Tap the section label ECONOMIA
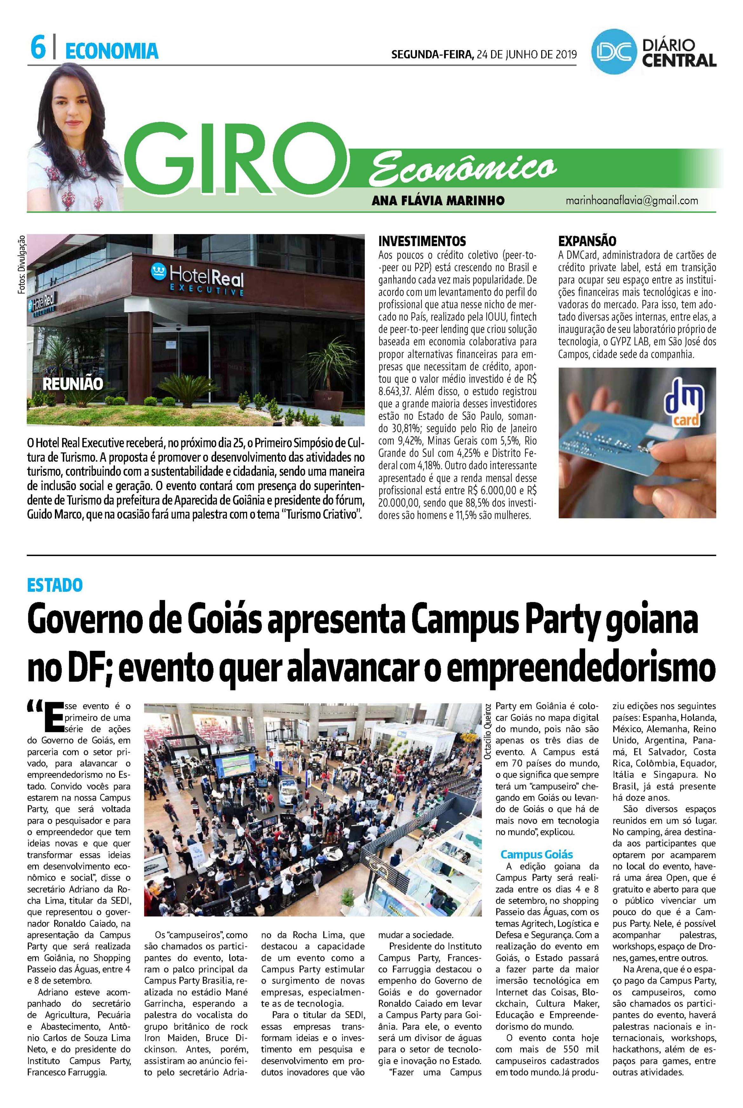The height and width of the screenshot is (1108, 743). pos(111,51)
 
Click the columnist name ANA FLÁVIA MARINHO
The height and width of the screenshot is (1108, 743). pos(438,200)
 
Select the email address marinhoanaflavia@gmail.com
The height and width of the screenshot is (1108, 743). pos(632,200)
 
